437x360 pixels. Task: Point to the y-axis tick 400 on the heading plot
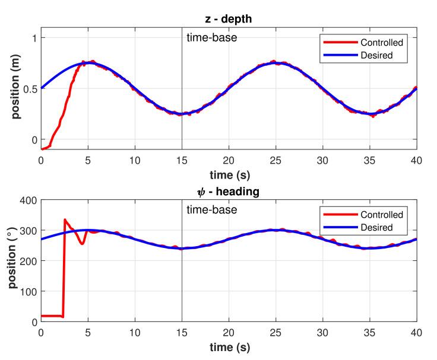pyautogui.click(x=28, y=200)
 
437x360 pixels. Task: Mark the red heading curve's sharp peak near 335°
pyautogui.click(x=65, y=220)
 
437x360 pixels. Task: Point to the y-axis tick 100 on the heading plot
pyautogui.click(x=28, y=292)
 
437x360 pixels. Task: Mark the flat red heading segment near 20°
pyautogui.click(x=52, y=316)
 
